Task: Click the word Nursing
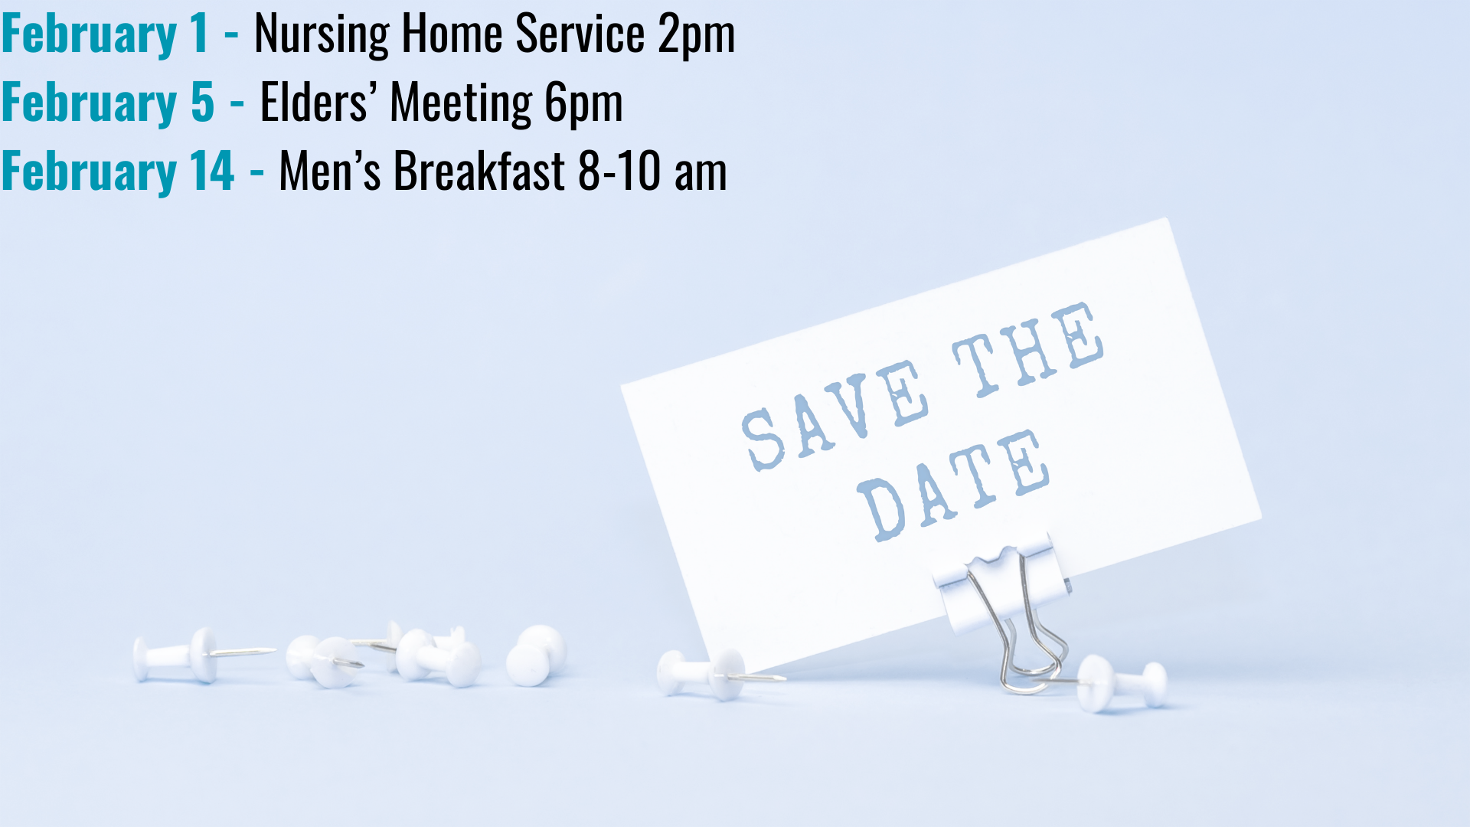click(x=322, y=35)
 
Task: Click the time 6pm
click(x=583, y=103)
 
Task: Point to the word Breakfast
click(x=479, y=171)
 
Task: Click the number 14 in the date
click(x=212, y=171)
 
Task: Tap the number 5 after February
click(x=202, y=103)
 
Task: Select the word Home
click(x=452, y=35)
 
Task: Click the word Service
click(x=580, y=35)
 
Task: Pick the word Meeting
click(x=461, y=103)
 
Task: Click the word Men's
click(x=329, y=171)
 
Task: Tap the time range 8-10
click(x=619, y=171)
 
